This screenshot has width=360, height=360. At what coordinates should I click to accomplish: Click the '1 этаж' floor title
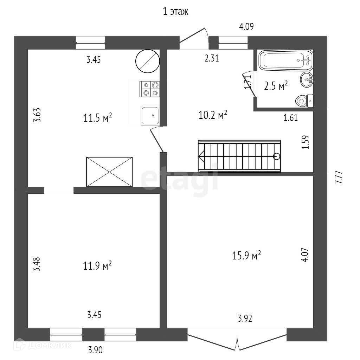[x=176, y=12]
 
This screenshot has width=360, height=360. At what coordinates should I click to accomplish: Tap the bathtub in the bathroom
[x=285, y=60]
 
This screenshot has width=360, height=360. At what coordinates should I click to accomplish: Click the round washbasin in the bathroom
[x=307, y=80]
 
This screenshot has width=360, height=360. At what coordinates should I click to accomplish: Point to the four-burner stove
[x=150, y=89]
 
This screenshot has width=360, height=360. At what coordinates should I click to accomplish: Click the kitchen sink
[x=150, y=115]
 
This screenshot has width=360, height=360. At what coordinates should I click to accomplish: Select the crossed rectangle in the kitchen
[x=110, y=171]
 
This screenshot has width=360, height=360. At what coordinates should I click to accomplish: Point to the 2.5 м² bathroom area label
[x=276, y=85]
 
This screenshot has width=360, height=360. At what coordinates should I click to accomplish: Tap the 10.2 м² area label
[x=213, y=115]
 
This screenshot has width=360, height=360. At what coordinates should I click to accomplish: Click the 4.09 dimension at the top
[x=246, y=26]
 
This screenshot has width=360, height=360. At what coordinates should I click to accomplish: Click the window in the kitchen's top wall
[x=90, y=43]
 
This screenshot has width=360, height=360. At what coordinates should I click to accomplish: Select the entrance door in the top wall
[x=194, y=39]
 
